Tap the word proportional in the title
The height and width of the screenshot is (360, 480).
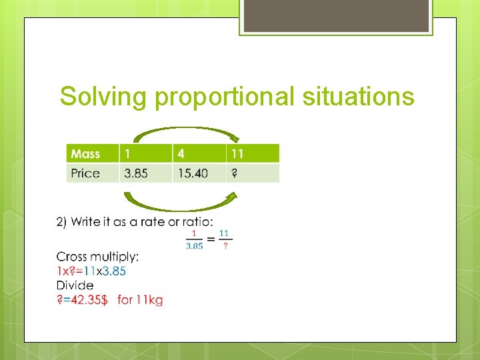(225, 97)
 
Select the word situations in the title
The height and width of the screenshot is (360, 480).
(358, 97)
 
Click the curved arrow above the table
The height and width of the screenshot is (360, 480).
(185, 132)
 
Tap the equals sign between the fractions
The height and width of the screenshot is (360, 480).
(211, 239)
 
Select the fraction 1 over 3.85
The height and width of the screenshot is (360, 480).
(194, 239)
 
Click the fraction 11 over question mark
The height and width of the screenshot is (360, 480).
(225, 239)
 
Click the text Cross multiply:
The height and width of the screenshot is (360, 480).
(97, 257)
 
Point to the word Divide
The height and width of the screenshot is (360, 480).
(75, 285)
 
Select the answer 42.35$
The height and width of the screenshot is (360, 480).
(83, 300)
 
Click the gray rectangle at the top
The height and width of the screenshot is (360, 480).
(336, 16)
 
